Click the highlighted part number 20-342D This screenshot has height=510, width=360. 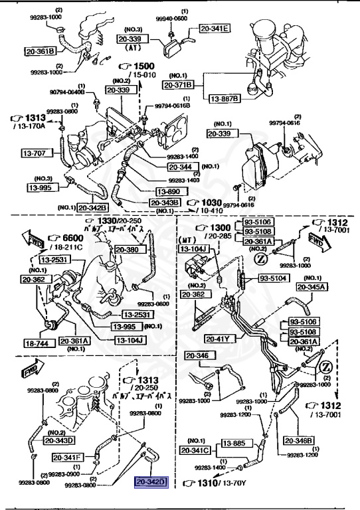pyautogui.click(x=152, y=482)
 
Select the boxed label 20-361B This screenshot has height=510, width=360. pyautogui.click(x=41, y=50)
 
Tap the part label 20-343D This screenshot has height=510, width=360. pyautogui.click(x=59, y=440)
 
